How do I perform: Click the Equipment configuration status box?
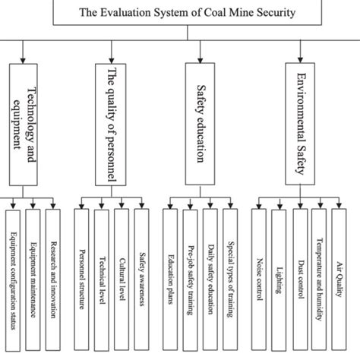click(x=13, y=281)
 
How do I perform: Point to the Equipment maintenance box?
click(x=33, y=281)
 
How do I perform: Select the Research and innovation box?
click(x=52, y=281)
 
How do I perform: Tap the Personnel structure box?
click(x=81, y=281)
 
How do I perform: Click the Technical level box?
click(x=101, y=281)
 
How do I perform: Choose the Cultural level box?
click(x=121, y=281)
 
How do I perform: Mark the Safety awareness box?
click(x=141, y=281)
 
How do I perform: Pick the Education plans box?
click(x=170, y=281)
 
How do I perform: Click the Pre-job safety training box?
click(x=190, y=281)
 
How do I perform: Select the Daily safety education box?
click(x=210, y=281)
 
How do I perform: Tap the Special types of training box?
click(x=229, y=281)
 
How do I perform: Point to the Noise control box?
click(x=259, y=281)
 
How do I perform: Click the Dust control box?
click(x=300, y=281)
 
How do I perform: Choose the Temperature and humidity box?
click(x=320, y=281)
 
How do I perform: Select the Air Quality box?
click(x=339, y=281)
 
